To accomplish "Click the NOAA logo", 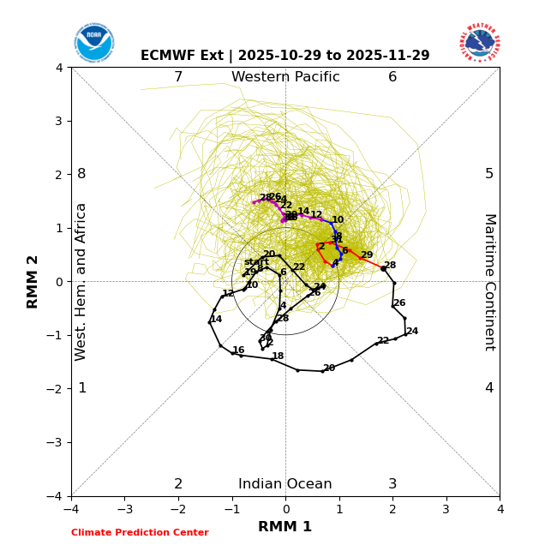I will click(93, 43).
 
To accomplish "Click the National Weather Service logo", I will click(479, 43).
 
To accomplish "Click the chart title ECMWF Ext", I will click(284, 56).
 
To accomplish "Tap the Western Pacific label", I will click(285, 77).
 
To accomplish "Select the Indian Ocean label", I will click(285, 484).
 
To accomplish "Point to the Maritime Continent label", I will click(489, 281).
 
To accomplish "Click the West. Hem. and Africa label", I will click(81, 281).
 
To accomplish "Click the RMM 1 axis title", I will click(285, 527).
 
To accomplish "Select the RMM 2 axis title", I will click(33, 281).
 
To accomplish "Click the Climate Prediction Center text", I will click(140, 533).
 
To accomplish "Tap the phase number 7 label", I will click(178, 77).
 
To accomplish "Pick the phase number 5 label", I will click(489, 174).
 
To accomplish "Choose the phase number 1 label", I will click(82, 388).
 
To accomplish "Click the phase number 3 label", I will click(392, 484).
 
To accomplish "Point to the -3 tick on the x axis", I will click(124, 509).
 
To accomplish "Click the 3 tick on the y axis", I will click(59, 121).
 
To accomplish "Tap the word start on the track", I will click(256, 262).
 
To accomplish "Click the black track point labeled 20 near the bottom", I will click(322, 371).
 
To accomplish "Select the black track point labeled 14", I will click(210, 322).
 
